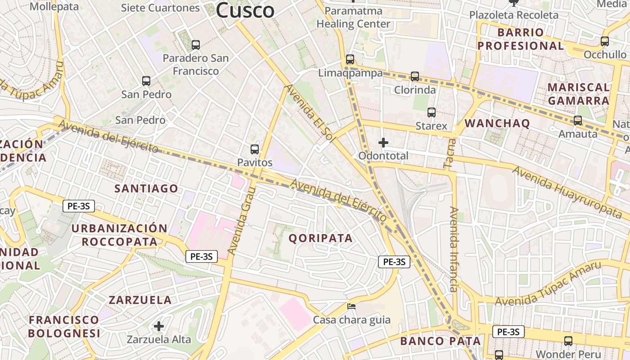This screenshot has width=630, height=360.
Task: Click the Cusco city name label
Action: (x=245, y=10)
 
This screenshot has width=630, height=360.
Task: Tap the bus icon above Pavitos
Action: (x=255, y=149)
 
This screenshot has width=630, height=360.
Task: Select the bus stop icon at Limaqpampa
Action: (x=350, y=59)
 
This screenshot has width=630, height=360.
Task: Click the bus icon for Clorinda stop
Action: (x=415, y=76)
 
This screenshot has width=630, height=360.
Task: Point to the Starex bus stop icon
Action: (x=432, y=112)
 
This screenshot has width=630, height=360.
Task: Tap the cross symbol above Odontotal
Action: (x=383, y=143)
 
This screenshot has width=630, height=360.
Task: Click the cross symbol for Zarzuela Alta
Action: (x=158, y=326)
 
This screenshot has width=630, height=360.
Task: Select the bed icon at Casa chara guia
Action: (x=351, y=306)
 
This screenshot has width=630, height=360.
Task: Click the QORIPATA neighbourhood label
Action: (x=320, y=238)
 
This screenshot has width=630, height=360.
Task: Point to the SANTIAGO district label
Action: (x=146, y=189)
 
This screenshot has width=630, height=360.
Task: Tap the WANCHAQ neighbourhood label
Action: (x=497, y=123)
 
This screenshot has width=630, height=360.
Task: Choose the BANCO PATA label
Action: (x=441, y=341)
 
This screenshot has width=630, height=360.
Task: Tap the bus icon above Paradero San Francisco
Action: (x=195, y=45)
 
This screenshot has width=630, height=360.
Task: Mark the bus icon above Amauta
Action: (x=578, y=121)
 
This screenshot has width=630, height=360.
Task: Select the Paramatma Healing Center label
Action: (x=353, y=17)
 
